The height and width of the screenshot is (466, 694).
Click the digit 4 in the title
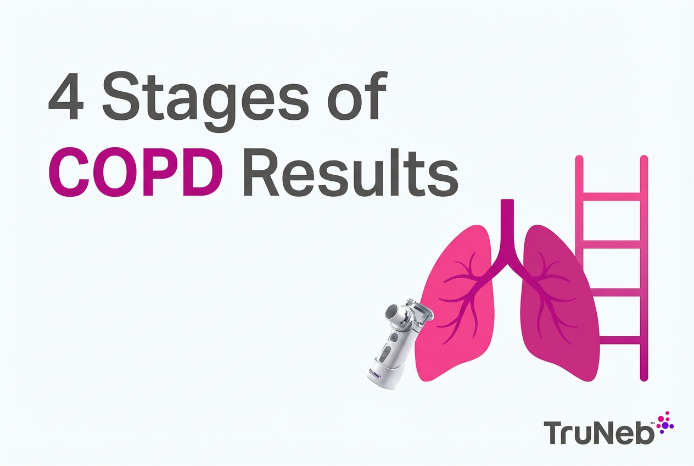coord(65,98)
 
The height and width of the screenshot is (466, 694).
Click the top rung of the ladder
coord(611,196)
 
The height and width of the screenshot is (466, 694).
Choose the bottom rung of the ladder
coord(611,340)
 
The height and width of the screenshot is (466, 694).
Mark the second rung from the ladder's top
coord(611,244)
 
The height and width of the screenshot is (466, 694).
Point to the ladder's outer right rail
coord(644,269)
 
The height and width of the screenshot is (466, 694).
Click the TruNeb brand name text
coord(599,432)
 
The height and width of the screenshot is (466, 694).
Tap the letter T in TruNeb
coord(553,432)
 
